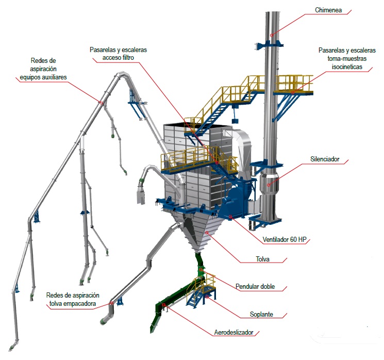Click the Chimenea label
[x=332, y=10]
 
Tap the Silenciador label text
[x=325, y=159]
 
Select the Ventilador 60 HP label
[x=287, y=238]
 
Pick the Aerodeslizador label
[x=233, y=333]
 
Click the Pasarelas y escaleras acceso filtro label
[x=118, y=54]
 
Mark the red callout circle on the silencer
[x=270, y=183]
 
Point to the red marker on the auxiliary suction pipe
[x=102, y=103]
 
